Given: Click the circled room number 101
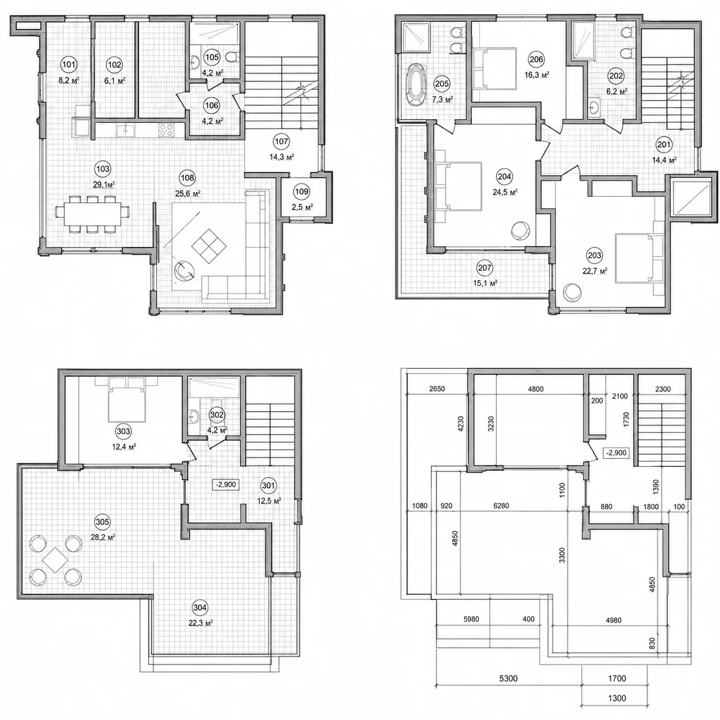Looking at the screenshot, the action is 69,65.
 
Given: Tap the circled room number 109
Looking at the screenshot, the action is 301,192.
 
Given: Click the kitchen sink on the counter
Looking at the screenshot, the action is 126,130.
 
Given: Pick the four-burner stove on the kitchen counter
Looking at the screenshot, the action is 167,130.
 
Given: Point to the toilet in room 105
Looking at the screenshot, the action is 233,57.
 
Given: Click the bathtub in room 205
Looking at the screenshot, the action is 416,84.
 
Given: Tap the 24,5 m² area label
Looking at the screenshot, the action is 505,192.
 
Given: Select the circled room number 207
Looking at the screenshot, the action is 485,268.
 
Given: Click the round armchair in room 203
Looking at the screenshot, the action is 572,292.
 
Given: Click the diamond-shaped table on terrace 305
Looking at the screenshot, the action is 55,560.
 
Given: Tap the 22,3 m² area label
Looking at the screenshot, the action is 200,623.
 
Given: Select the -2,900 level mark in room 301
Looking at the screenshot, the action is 226,485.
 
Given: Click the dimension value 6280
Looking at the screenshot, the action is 501,506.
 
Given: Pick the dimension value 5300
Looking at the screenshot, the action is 509,678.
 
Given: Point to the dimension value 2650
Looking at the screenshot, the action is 437,389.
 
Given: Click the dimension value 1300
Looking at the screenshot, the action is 617,698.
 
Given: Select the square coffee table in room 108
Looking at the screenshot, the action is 209,246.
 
